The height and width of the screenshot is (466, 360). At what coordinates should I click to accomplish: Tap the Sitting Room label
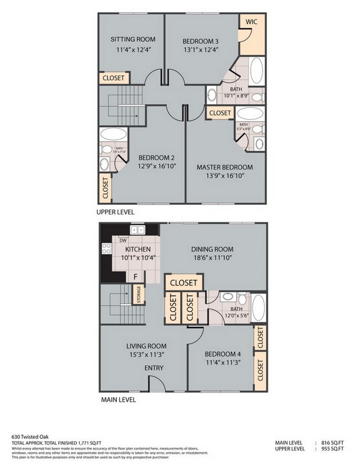coord(132,39)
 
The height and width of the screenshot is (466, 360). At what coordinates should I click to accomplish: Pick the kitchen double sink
coord(137,230)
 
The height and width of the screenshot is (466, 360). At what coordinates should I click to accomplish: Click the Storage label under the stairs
coord(138,294)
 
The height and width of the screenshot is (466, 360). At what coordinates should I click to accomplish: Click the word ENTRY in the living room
coord(153,368)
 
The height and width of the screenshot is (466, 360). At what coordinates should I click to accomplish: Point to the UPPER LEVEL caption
coord(115,212)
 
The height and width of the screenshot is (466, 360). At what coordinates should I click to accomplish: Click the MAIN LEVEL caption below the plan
coord(117,399)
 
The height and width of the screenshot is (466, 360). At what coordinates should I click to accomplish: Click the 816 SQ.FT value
coord(333,443)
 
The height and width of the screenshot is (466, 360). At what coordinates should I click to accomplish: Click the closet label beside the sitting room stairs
coord(113,78)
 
